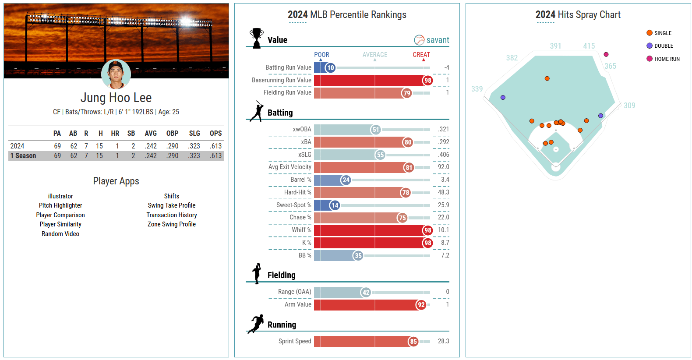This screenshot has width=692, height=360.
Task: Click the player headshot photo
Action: pos(116,74)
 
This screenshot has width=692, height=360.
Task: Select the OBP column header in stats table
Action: pos(172,133)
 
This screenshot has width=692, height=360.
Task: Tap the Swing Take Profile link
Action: pos(171,205)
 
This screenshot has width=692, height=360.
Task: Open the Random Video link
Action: pos(60,234)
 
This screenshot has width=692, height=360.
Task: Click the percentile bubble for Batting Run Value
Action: pos(330,68)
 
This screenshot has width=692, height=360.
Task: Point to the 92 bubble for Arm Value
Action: pos(421,305)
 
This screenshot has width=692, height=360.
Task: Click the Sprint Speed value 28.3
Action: pos(443,341)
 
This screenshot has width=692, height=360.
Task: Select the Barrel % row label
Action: pos(300,180)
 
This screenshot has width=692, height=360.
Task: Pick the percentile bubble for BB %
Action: pos(358,256)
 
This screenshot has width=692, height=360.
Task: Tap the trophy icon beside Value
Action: pos(257,38)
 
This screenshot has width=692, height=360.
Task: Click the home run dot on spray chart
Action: pos(606,54)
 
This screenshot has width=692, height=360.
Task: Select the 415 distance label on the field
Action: pos(589,46)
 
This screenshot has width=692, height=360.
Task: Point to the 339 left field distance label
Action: pos(477,89)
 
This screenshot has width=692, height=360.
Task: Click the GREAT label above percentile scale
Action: pos(421,55)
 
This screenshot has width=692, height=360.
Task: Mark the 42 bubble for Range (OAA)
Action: pos(366,293)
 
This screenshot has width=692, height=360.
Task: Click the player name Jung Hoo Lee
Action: pos(116,98)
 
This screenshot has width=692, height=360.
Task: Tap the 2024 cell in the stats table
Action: pos(17,146)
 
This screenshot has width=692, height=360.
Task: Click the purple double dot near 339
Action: pos(503,98)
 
